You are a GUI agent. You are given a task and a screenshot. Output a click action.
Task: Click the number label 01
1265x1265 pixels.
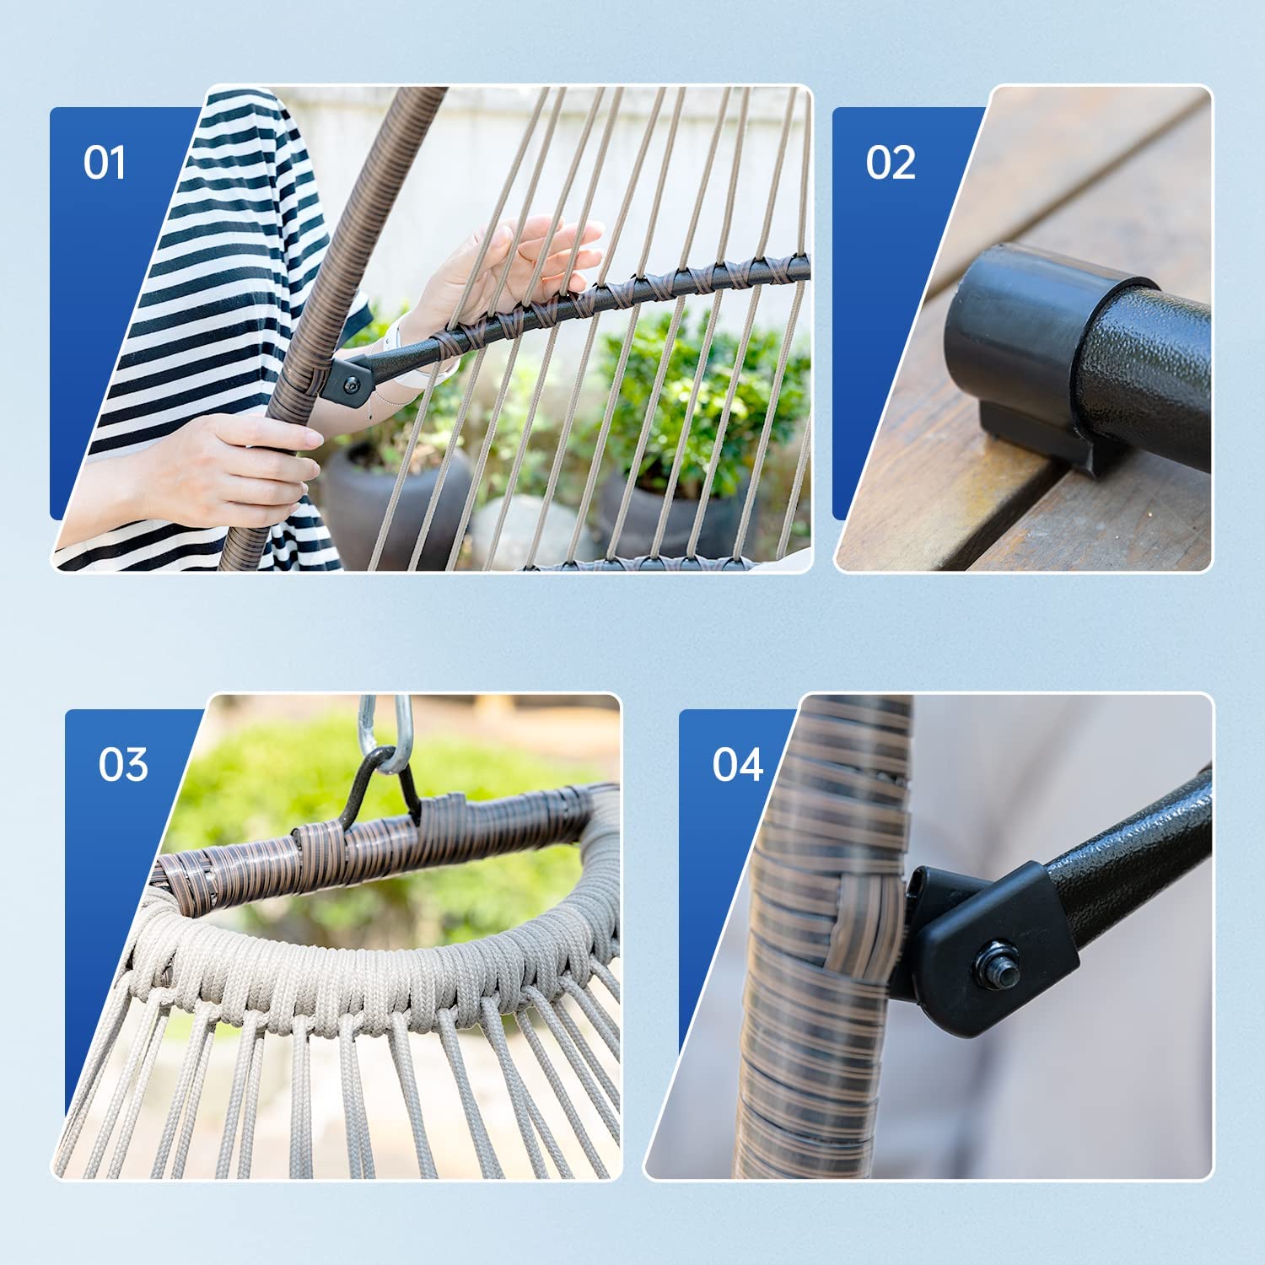point(105,162)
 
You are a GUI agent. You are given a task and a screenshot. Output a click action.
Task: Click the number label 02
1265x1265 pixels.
point(891,162)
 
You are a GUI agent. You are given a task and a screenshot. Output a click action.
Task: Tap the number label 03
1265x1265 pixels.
point(123,764)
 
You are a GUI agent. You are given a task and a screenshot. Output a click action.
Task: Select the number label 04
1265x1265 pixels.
point(738,764)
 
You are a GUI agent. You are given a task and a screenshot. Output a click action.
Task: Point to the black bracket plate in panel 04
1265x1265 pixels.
point(987,945)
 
